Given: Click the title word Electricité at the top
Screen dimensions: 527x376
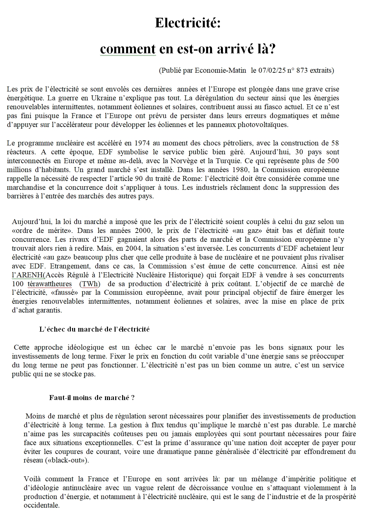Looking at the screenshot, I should pos(187,23).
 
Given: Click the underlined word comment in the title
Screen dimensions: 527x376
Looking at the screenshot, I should pos(128,49).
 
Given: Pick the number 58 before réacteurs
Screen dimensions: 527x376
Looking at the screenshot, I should pos(335,143).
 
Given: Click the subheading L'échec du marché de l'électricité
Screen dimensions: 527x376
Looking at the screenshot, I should pos(94,329).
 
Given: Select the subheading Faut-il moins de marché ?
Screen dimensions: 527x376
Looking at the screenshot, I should pos(92,397).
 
